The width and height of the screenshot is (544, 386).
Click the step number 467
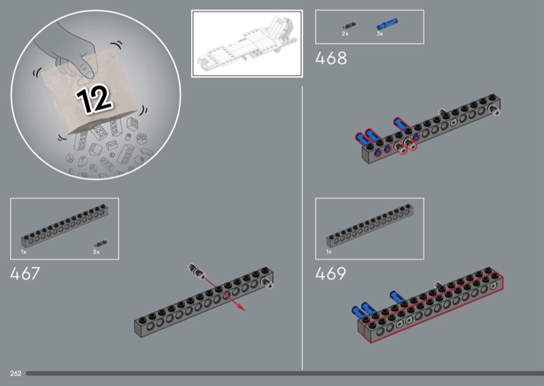25,274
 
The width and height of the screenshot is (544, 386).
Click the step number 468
330,58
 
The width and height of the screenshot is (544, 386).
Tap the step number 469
330,274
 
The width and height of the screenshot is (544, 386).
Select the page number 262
16,374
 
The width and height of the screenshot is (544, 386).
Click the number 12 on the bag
94,99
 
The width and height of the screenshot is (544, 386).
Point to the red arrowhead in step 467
241,308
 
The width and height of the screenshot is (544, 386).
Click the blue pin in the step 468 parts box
387,24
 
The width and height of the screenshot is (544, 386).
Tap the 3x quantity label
380,34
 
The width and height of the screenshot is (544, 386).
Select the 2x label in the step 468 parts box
345,34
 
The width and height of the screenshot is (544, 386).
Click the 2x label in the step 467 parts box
96,252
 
